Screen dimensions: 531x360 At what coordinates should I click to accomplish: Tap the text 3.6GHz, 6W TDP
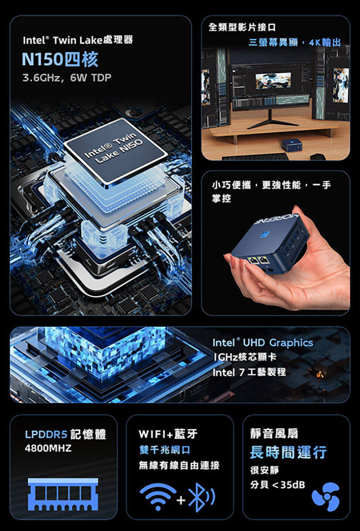coord(67,79)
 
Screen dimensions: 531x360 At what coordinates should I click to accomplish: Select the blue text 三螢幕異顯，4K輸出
coord(294,43)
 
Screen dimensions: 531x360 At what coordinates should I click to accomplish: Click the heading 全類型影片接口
coord(242,28)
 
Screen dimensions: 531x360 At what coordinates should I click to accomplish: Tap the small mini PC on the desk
coord(292,144)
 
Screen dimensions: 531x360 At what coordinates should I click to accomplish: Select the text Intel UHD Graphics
coord(262,343)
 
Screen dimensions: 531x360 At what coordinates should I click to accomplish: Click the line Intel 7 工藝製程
coord(249,372)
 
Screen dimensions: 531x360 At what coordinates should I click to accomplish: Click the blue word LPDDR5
coord(46,434)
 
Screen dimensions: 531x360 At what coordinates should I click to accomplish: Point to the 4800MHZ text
coord(48,449)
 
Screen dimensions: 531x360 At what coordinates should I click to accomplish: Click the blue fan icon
coord(325,497)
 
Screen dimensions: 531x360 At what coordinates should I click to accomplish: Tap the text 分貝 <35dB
coord(277,485)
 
